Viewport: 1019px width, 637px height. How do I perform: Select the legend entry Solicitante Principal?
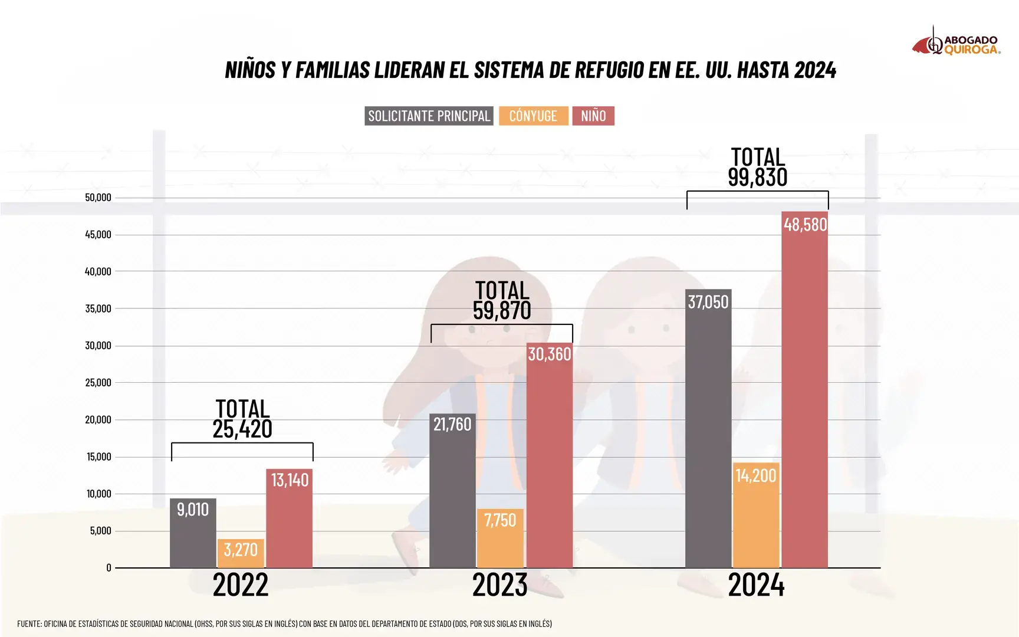(429, 116)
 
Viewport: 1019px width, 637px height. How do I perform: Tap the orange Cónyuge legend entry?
(533, 116)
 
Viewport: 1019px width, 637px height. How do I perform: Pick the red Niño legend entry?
(593, 116)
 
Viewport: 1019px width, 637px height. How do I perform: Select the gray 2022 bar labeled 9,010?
(193, 533)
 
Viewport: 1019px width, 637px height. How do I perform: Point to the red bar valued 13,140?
(289, 518)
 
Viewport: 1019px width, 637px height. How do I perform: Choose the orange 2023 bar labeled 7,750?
(500, 538)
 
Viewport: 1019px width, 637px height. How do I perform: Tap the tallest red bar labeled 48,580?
(805, 390)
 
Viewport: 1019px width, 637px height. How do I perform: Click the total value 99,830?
(757, 178)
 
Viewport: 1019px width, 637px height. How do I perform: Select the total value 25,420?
(242, 429)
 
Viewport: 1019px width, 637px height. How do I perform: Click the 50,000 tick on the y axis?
(98, 198)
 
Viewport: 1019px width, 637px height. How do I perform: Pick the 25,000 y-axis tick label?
(98, 383)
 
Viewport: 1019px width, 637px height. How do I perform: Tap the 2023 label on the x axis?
(499, 585)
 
